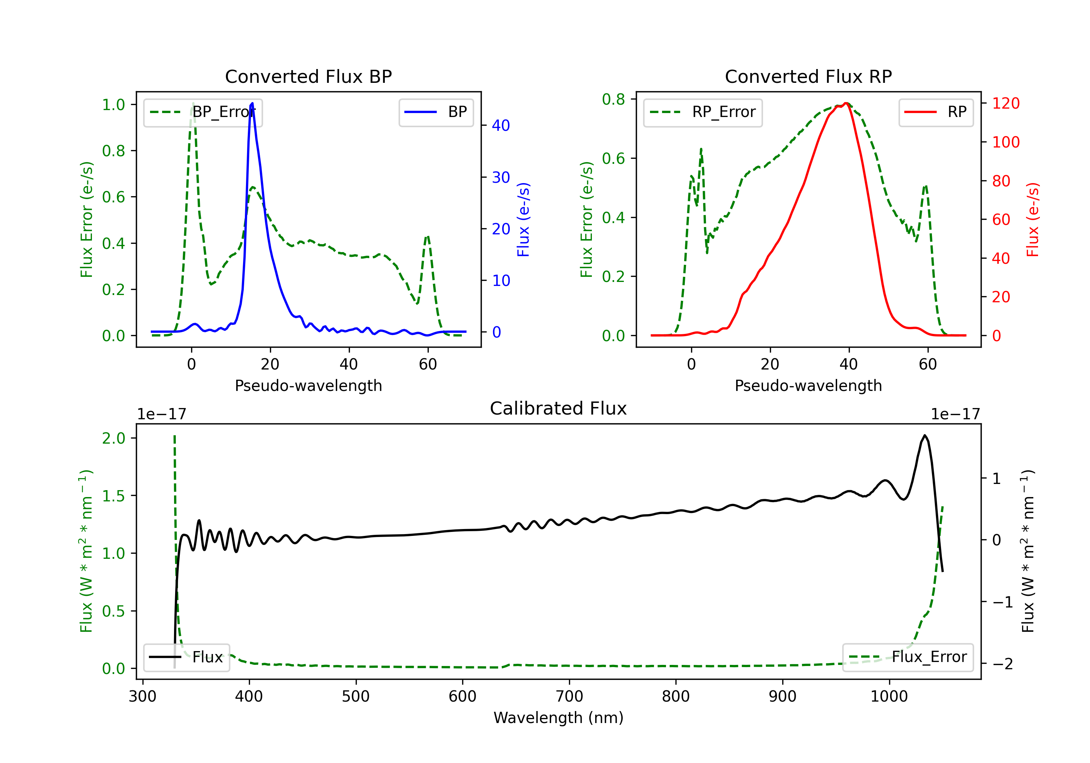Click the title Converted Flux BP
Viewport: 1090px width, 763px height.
pyautogui.click(x=308, y=76)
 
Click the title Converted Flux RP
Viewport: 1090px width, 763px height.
pyautogui.click(x=808, y=76)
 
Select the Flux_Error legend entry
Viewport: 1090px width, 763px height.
pyautogui.click(x=908, y=657)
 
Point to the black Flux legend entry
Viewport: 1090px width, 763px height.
pyautogui.click(x=187, y=657)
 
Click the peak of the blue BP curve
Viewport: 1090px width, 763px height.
pyautogui.click(x=252, y=103)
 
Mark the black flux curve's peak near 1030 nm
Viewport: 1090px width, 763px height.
pyautogui.click(x=924, y=435)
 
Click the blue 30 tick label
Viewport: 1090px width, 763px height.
pyautogui.click(x=501, y=178)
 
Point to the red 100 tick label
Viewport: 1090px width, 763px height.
pyautogui.click(x=1005, y=142)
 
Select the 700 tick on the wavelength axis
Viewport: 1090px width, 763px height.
pyautogui.click(x=569, y=697)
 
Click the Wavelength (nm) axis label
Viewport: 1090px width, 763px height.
pyautogui.click(x=558, y=718)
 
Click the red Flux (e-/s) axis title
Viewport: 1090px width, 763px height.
pyautogui.click(x=1033, y=220)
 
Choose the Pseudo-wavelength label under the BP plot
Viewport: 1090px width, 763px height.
pyautogui.click(x=308, y=385)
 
